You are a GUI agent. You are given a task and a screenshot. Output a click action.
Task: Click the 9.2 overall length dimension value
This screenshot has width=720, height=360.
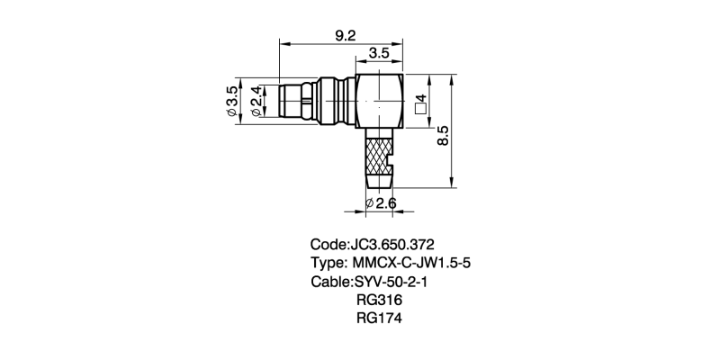345,35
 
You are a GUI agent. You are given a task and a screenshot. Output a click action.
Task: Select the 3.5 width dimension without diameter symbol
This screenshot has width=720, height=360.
379,54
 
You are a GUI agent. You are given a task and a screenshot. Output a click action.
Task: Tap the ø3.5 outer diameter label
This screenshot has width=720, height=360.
232,102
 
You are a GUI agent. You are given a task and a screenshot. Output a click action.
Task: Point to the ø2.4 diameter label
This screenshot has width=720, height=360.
256,102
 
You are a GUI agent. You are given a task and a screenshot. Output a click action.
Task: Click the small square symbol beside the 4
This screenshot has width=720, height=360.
419,110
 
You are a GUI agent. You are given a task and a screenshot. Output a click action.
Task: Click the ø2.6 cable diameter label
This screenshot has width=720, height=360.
382,204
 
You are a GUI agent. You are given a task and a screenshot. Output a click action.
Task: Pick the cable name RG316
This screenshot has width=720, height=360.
379,300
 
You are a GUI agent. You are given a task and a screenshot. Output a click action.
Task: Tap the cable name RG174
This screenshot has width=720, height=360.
379,318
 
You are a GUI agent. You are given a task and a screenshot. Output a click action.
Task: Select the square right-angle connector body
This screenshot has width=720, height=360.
379,102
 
